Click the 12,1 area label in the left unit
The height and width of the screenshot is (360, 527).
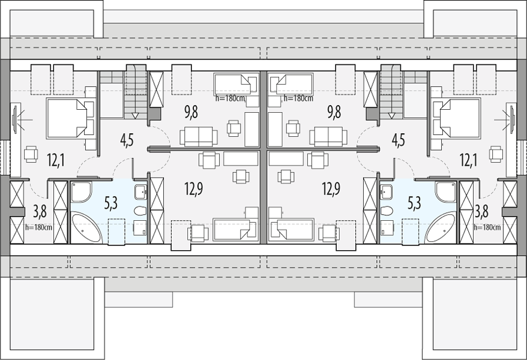coord(56,160)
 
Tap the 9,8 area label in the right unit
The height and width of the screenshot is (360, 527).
coord(334,112)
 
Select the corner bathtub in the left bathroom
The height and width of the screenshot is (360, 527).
coord(86,227)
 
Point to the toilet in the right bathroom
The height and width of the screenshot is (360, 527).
coord(388,211)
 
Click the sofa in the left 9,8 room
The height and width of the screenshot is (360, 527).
coord(198,136)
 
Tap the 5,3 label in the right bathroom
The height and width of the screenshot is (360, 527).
coord(414,203)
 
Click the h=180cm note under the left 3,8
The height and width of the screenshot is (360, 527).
coord(38,227)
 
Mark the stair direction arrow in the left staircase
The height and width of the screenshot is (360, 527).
coord(136,116)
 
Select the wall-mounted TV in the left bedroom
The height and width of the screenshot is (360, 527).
coord(15,119)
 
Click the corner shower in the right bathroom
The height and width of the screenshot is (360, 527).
coord(445,192)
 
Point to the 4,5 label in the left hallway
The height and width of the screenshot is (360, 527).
coord(127,140)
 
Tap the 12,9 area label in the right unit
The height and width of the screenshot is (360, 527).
coord(331,189)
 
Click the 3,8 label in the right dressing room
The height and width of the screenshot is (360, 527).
coord(481,212)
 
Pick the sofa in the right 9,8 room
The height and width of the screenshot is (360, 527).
coord(328,136)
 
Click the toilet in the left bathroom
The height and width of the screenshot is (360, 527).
coord(139,211)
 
